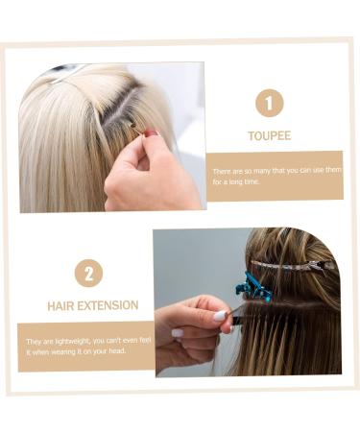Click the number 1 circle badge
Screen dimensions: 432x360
point(269,102)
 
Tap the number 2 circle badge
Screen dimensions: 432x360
point(88,273)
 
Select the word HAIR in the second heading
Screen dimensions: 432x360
point(61,305)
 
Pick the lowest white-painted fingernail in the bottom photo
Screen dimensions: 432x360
point(178,333)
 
